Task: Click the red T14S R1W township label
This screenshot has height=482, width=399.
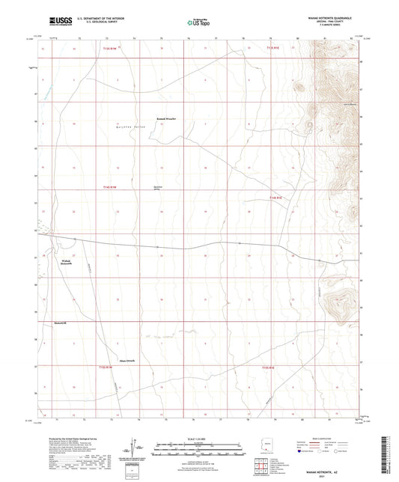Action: click(111, 187)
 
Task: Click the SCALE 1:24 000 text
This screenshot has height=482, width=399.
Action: click(199, 439)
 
